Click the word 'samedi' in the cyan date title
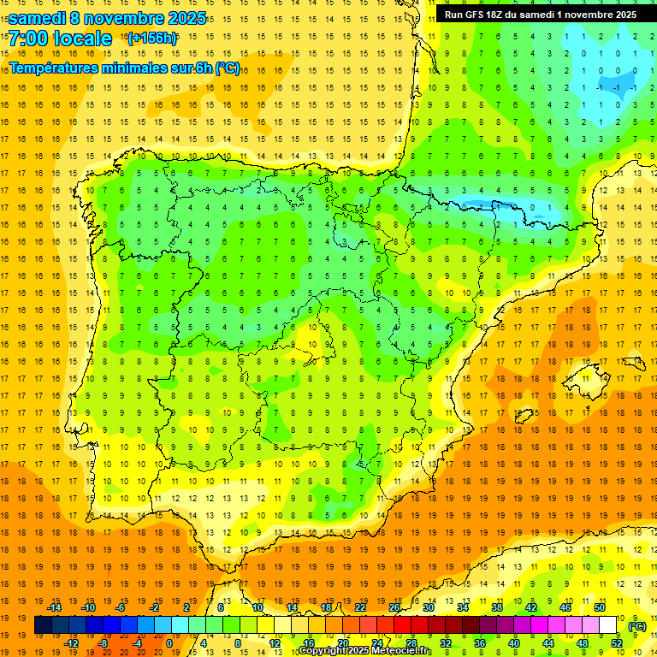37,18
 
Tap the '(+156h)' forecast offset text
152,38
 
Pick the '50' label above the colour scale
600,607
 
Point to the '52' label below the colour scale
617,643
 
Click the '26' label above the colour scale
394,607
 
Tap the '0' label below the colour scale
169,643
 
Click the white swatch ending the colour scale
608,625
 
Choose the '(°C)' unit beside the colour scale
637,626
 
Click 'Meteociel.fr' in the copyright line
402,651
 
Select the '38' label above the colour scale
497,607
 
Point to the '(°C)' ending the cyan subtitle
227,68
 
